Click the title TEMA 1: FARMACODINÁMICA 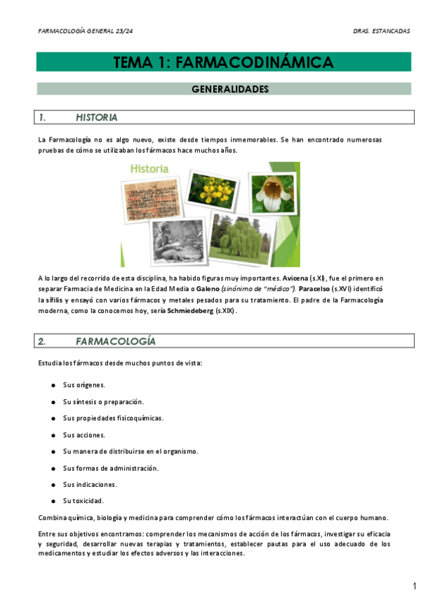tap(223, 62)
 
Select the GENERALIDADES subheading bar tap(224, 89)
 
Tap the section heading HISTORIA tap(96, 117)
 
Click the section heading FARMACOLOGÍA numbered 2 tap(115, 341)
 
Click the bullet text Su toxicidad tap(83, 500)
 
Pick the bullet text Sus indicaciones tap(90, 484)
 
